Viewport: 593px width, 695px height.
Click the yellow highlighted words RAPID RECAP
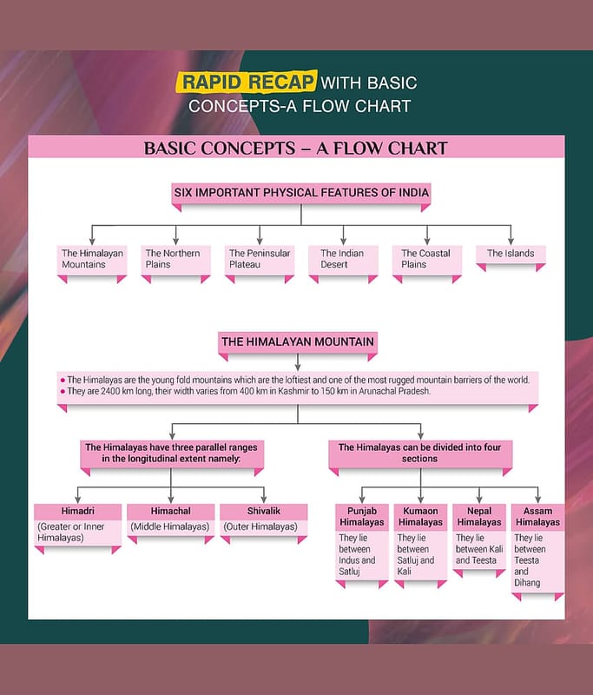pos(247,83)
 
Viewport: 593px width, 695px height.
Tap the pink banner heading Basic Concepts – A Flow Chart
pos(296,148)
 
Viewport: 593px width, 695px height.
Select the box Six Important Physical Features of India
pos(300,192)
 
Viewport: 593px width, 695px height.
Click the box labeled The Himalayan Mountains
pos(92,259)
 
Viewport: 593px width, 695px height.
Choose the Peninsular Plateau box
pos(259,259)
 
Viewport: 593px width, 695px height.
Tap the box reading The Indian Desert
pos(342,259)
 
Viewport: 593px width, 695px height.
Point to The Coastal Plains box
pos(425,259)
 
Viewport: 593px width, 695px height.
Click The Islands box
pos(510,254)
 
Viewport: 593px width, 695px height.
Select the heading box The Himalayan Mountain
pos(297,342)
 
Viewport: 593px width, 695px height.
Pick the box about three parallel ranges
pos(172,453)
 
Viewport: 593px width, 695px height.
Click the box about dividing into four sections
pos(419,453)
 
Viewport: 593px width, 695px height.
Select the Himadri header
pos(77,511)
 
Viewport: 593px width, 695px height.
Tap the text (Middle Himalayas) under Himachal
pos(170,526)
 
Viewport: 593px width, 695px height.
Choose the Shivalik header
pos(263,511)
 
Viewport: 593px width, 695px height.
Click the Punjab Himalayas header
pos(361,516)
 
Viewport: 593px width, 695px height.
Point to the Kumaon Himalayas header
pos(420,516)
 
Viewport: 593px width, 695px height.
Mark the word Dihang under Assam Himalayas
pos(527,583)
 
